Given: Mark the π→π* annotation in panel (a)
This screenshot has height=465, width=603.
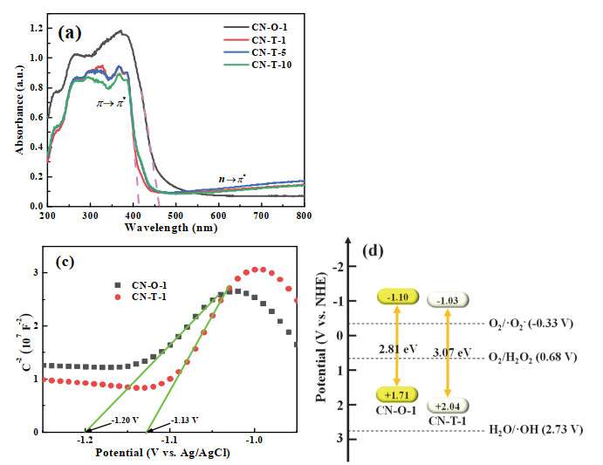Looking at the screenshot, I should coord(113,102).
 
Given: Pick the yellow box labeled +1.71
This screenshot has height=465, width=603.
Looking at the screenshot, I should coord(400,394).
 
